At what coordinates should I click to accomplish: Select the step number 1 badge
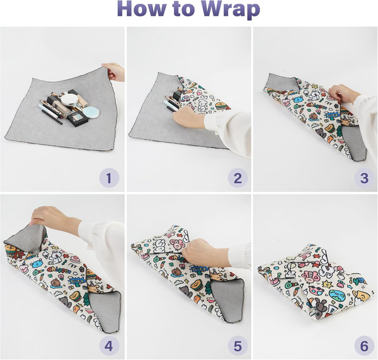click(108, 178)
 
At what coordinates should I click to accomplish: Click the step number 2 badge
click(237, 178)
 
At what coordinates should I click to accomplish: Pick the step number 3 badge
click(364, 178)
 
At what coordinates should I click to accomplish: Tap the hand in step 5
click(202, 252)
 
